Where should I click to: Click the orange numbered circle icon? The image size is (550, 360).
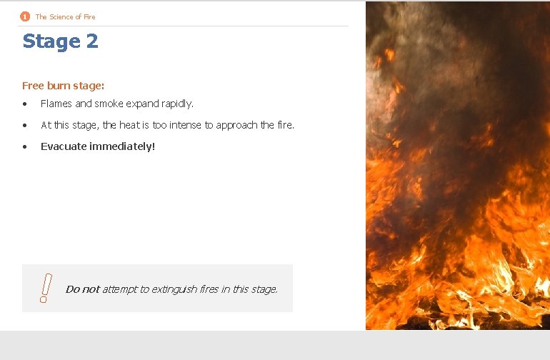click(x=25, y=16)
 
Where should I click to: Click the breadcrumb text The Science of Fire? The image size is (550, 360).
click(x=65, y=16)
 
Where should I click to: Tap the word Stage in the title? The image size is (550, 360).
click(x=51, y=41)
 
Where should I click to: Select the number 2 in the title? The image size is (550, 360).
click(x=91, y=41)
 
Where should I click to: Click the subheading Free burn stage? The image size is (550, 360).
click(x=64, y=86)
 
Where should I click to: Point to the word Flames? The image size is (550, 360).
click(x=56, y=104)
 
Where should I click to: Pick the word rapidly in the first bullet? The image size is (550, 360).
click(x=176, y=104)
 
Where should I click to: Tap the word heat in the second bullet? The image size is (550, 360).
click(x=129, y=125)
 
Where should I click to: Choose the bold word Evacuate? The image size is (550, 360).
click(x=64, y=146)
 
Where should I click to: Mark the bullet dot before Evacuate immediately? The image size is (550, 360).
click(x=25, y=147)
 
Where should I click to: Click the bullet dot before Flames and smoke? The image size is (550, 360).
click(x=25, y=104)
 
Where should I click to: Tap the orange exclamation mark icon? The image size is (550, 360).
click(x=44, y=289)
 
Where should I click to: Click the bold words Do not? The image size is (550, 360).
click(x=82, y=289)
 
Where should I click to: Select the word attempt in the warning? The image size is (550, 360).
click(x=119, y=289)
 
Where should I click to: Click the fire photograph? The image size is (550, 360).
click(x=457, y=165)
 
